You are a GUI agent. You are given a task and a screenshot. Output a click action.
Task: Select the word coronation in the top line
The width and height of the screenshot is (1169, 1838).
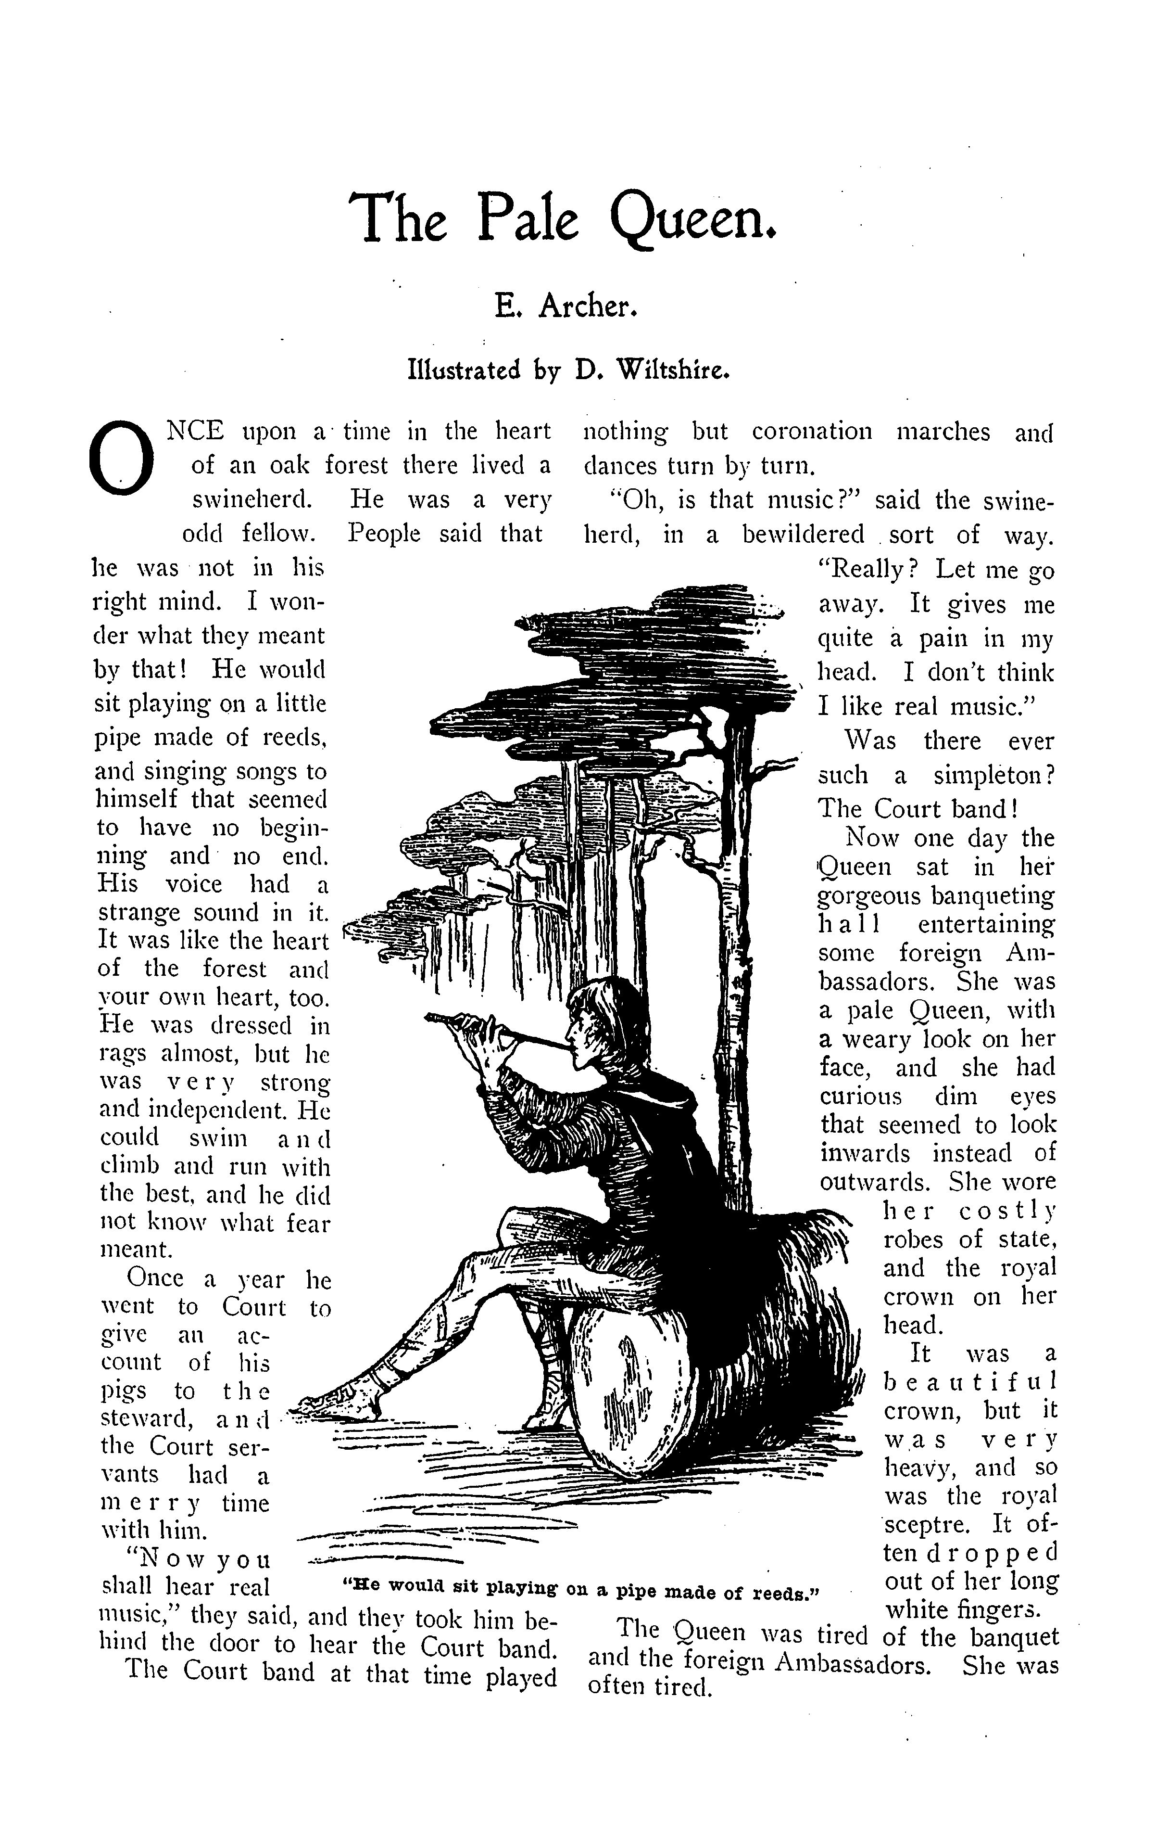coord(811,432)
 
